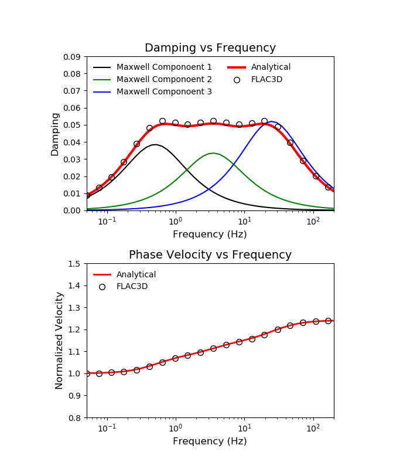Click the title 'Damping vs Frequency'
tap(210, 48)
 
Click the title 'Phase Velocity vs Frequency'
tap(210, 255)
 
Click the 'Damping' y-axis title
tap(55, 134)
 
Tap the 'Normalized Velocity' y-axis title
tap(59, 341)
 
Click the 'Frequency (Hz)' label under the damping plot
tap(210, 235)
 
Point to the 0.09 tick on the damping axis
tap(73, 57)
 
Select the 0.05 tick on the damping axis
tap(73, 125)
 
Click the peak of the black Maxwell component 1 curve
tap(155, 144)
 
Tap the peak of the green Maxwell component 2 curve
tap(214, 153)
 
